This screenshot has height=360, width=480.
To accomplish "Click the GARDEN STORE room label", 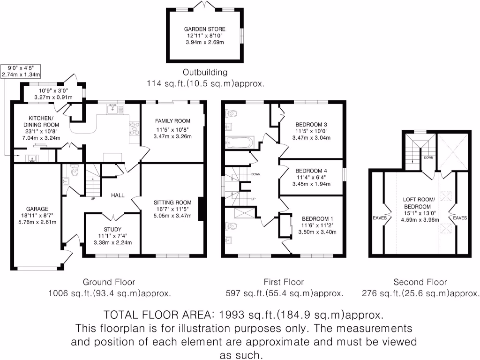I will click(x=204, y=29).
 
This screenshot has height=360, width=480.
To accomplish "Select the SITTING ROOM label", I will click(x=172, y=203).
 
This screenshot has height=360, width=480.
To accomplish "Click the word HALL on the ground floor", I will click(x=118, y=195).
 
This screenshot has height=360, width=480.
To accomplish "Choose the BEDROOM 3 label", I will click(x=312, y=124).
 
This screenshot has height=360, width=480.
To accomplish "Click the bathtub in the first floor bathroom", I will click(x=239, y=142).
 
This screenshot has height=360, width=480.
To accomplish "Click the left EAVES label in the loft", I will click(x=379, y=217).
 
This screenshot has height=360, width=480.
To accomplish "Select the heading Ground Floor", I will click(x=109, y=282).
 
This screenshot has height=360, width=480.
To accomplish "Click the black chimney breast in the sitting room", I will click(x=201, y=209).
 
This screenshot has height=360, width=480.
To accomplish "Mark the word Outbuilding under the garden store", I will click(x=205, y=72).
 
